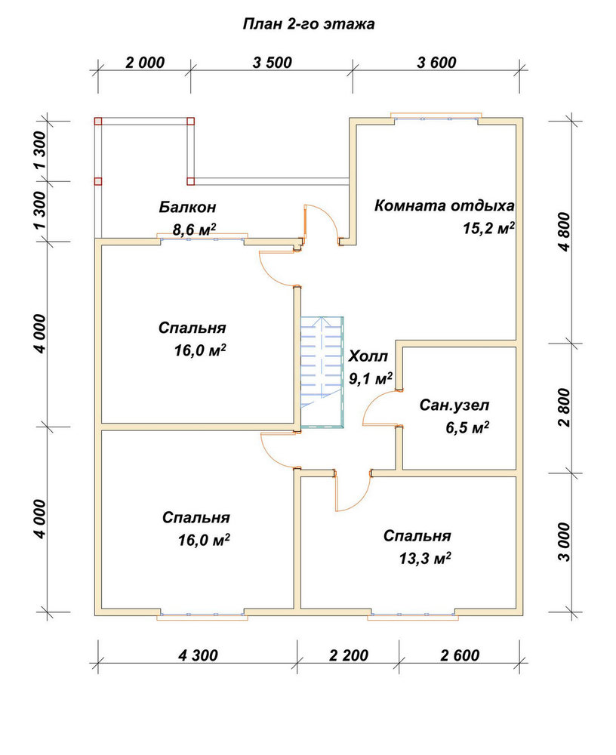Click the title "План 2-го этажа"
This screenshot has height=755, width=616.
[308, 24]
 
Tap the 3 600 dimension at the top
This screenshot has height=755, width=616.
[436, 63]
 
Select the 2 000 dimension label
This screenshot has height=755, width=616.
[144, 63]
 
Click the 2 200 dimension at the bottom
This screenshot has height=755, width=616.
[349, 655]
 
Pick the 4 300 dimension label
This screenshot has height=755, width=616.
[198, 655]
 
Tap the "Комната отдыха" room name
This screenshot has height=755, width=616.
[444, 205]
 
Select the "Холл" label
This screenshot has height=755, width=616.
[368, 356]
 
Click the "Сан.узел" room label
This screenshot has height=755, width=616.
[454, 405]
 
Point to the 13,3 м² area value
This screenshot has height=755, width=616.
[425, 558]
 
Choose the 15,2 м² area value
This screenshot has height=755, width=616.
[489, 228]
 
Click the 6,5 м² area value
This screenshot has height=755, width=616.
[467, 427]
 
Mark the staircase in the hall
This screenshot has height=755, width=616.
[322, 371]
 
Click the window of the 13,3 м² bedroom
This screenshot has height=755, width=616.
[413, 615]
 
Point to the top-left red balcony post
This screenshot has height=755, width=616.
[98, 121]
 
